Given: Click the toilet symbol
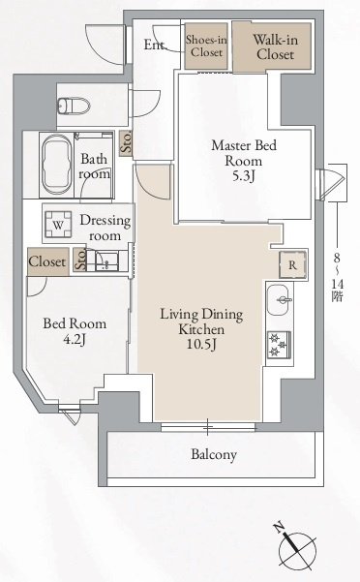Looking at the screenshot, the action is point(75,105).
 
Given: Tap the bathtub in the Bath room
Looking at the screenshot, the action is point(57,166).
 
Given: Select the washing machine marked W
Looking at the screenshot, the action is point(58,225).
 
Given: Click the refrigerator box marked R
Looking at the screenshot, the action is point(292,264).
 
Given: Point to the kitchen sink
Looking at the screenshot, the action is point(280,300).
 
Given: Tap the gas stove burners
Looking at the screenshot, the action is point(279,344).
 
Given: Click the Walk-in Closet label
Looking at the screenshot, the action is point(275,46).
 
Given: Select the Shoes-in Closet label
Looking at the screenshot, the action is point(206,46).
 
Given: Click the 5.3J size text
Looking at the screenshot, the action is point(244,176).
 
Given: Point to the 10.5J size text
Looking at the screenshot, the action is point(201,344).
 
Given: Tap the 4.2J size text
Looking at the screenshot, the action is point(75,339).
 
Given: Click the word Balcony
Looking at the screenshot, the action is point(214,454).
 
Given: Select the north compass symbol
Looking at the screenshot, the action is point(295,546).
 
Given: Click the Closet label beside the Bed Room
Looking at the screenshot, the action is point(47,261).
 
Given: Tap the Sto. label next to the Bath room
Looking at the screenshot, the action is point(127,142).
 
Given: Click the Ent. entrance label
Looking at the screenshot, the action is point(154,45).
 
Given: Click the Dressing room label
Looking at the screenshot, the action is point(105,228).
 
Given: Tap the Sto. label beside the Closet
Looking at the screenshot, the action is point(80,260).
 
